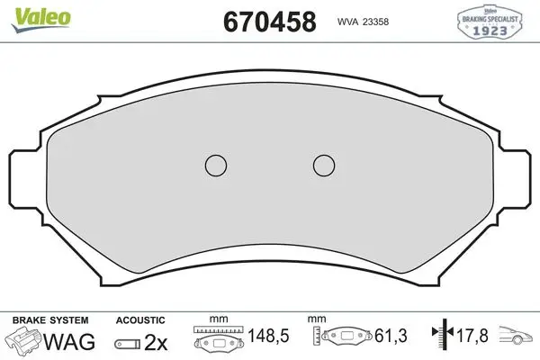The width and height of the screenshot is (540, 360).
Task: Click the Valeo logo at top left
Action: (x=40, y=19)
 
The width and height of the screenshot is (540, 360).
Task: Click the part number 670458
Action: (x=270, y=22)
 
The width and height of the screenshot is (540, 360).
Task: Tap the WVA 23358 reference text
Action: (x=363, y=22)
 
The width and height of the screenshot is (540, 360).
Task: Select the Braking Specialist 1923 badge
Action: (x=490, y=22)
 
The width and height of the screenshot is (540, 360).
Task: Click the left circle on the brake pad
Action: (x=216, y=166)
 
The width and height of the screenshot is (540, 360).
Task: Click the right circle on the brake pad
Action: (x=324, y=166)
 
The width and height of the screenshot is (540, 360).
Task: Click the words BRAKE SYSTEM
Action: (x=50, y=320)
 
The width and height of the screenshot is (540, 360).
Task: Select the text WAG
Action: (x=69, y=342)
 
